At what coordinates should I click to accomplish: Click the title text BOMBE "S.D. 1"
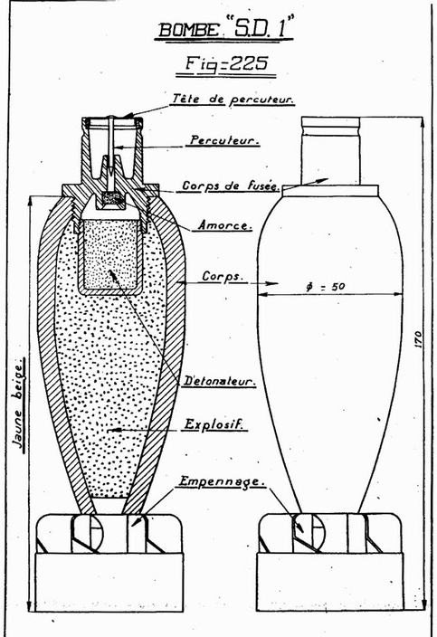click(223, 28)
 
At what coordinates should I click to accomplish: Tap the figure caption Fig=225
click(226, 63)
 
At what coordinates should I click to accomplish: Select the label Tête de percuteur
click(233, 100)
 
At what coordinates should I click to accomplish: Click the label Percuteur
click(224, 140)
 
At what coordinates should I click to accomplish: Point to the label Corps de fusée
click(231, 185)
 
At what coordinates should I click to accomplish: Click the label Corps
click(223, 277)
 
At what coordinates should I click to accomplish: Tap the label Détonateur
click(219, 381)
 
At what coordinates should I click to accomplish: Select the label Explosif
click(214, 424)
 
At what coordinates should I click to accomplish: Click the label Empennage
click(222, 481)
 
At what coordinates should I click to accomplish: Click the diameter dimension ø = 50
click(326, 287)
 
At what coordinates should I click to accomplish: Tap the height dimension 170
click(418, 339)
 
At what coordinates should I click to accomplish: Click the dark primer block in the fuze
click(112, 199)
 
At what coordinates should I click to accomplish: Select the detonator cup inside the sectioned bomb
click(110, 256)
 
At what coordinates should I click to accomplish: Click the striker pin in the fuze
click(110, 147)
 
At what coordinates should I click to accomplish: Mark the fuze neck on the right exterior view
click(330, 150)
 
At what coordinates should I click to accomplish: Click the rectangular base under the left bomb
click(109, 582)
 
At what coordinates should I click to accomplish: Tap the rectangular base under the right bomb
click(329, 581)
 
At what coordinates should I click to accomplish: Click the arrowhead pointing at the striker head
click(128, 116)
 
